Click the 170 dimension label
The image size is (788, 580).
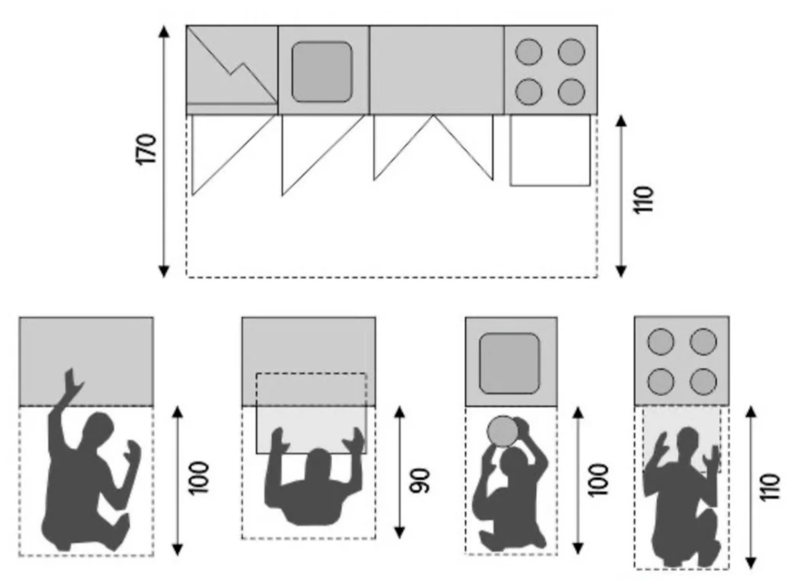146,148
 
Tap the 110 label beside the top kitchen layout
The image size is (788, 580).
644,200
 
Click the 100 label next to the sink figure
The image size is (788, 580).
598,480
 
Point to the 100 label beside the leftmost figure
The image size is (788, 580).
198,477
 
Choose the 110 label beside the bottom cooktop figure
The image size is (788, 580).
769,487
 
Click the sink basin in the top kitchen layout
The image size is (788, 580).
322,72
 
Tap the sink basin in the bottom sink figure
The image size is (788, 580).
510,363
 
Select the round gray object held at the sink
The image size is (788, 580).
502,432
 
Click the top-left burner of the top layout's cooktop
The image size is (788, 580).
529,51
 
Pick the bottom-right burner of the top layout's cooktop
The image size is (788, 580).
571,91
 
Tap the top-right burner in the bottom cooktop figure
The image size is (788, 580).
703,342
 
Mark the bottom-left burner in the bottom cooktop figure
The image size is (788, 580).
661,381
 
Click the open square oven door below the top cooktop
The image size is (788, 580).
550,150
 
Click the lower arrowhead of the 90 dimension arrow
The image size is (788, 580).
400,532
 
